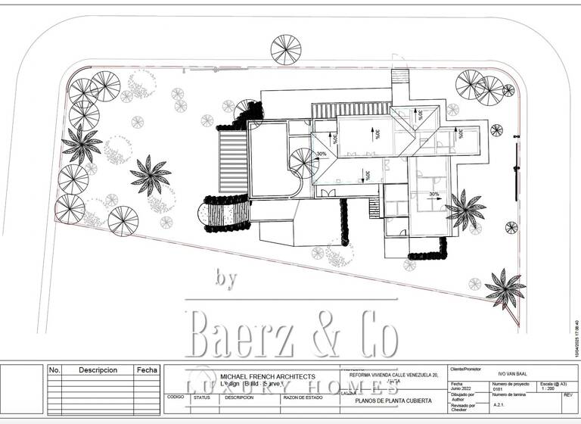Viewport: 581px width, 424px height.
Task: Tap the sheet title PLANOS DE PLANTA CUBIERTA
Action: coord(393,400)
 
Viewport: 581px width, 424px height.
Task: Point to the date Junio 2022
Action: coord(461,390)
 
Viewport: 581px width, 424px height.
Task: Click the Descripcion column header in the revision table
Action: coord(98,370)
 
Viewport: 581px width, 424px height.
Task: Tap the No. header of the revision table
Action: coord(54,370)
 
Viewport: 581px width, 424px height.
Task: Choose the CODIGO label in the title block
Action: coord(175,396)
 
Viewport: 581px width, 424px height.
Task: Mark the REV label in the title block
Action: coord(568,395)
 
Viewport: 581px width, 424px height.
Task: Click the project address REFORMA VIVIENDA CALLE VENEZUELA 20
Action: coord(393,374)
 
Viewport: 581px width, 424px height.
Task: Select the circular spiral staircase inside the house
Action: coord(305,163)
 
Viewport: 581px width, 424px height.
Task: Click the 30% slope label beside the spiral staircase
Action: coord(322,154)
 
